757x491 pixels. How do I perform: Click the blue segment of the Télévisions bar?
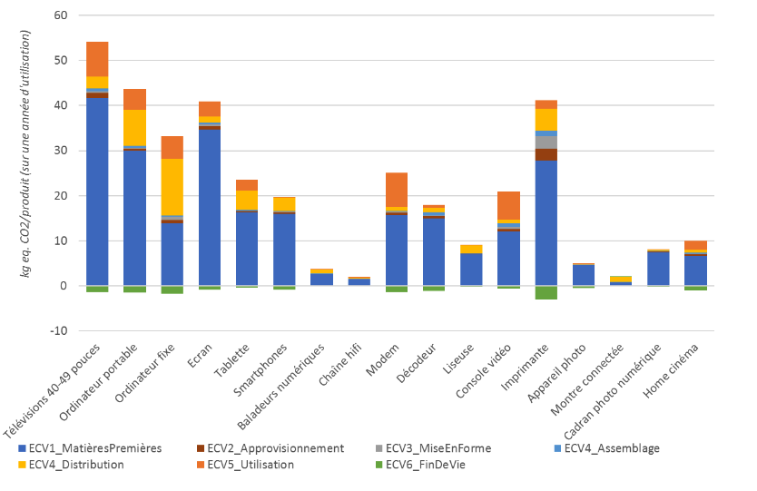[97, 191]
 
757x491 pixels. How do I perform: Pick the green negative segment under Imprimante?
[546, 292]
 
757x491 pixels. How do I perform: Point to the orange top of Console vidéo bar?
[508, 205]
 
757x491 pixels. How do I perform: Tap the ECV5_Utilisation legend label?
[250, 465]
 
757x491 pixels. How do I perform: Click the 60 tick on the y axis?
[61, 15]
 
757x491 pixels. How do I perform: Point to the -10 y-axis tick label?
[58, 330]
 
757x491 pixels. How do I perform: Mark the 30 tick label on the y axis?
[61, 151]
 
